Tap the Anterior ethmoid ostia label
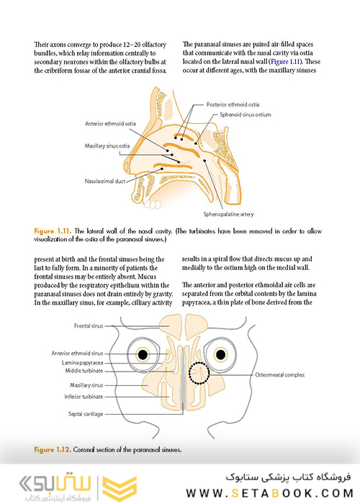click(110, 123)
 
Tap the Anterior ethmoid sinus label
click(78, 354)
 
